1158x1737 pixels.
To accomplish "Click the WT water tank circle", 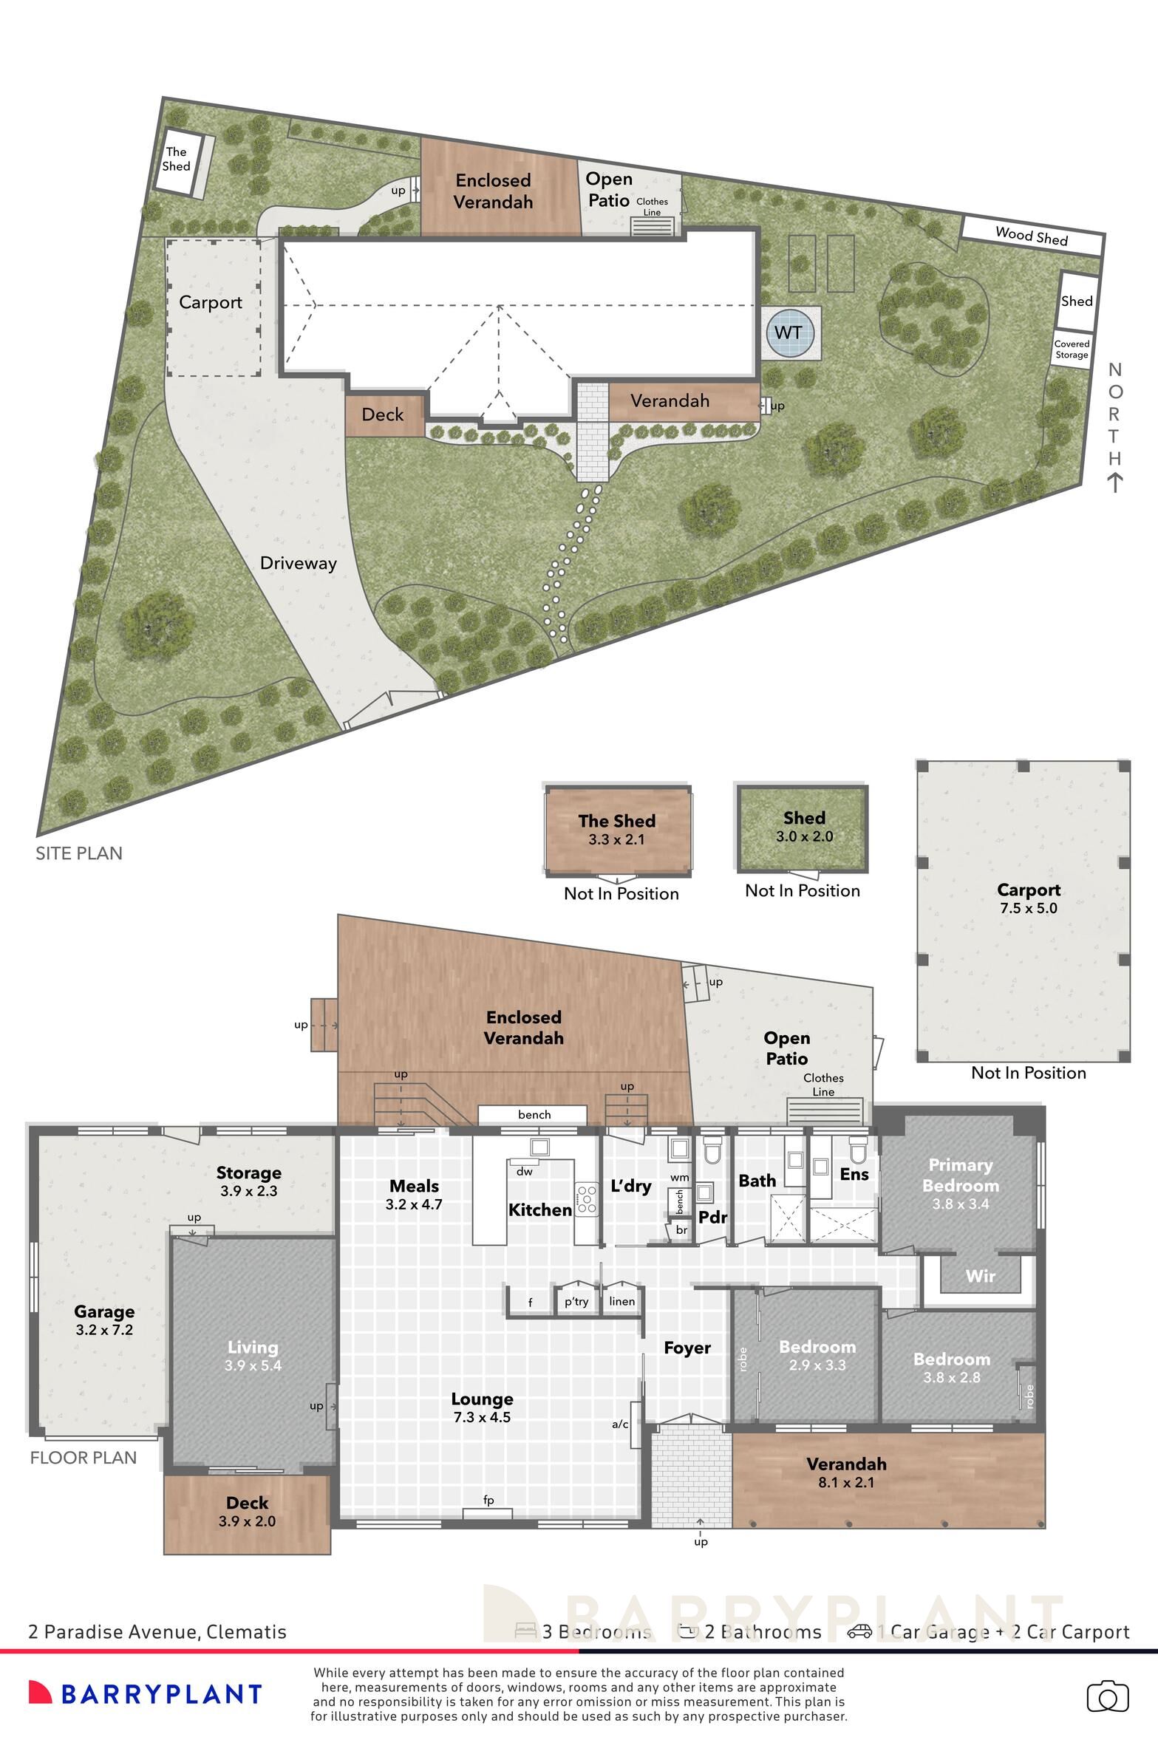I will pyautogui.click(x=789, y=332).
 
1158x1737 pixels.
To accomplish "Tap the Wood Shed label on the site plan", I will pyautogui.click(x=1031, y=236).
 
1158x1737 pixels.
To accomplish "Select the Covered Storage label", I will pyautogui.click(x=1072, y=349).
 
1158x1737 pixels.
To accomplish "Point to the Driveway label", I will pyautogui.click(x=298, y=563).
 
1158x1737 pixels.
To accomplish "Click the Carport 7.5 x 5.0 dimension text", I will pyautogui.click(x=1028, y=908).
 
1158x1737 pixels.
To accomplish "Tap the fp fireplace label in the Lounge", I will pyautogui.click(x=488, y=1500).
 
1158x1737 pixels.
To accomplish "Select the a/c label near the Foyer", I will pyautogui.click(x=620, y=1424).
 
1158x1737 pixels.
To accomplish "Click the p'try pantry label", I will pyautogui.click(x=576, y=1301).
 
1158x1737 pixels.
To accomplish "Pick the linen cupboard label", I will pyautogui.click(x=622, y=1301).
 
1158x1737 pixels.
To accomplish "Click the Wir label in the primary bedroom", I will pyautogui.click(x=980, y=1276).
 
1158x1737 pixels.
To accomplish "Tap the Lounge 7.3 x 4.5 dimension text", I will pyautogui.click(x=482, y=1416).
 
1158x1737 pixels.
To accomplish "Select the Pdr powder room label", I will pyautogui.click(x=713, y=1217).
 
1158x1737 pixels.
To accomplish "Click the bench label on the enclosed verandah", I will pyautogui.click(x=534, y=1115).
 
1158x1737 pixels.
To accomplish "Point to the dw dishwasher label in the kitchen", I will pyautogui.click(x=524, y=1171).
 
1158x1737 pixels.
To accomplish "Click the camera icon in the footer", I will pyautogui.click(x=1107, y=1697).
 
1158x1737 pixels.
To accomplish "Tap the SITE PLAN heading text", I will pyautogui.click(x=79, y=853).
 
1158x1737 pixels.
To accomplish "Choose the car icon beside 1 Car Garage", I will pyautogui.click(x=859, y=1631).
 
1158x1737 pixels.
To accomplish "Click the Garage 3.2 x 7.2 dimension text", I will pyautogui.click(x=103, y=1330).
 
